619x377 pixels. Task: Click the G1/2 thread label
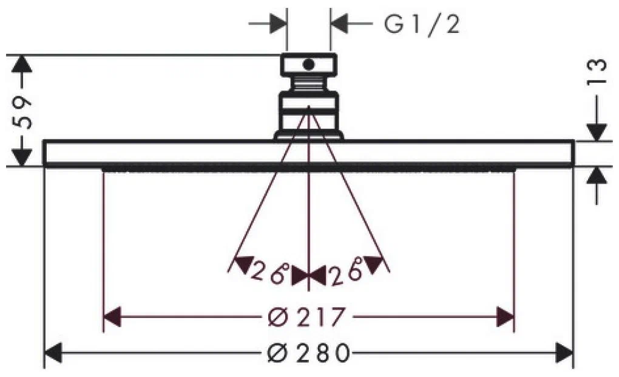tap(422, 24)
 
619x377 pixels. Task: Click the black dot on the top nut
tap(308, 64)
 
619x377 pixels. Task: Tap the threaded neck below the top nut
tap(308, 83)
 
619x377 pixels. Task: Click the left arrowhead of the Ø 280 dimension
tap(53, 353)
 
